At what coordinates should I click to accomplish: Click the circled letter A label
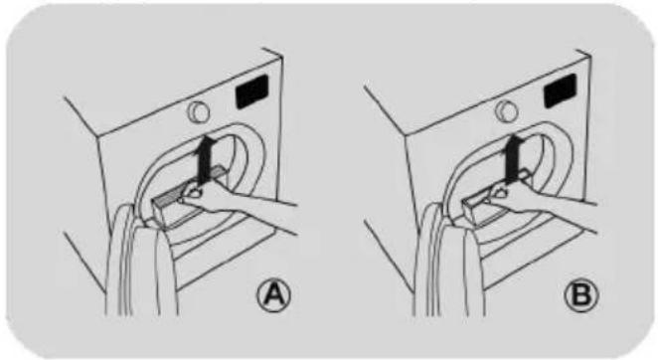pos(273,295)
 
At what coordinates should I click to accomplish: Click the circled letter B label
pos(581,294)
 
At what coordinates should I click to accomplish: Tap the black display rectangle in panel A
pos(251,92)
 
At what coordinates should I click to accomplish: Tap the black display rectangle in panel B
pos(561,90)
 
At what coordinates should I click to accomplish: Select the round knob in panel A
pos(199,111)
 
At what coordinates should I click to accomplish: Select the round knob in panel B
pos(507,111)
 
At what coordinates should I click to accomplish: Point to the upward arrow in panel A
pos(205,160)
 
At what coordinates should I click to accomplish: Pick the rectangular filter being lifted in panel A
pos(185,198)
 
